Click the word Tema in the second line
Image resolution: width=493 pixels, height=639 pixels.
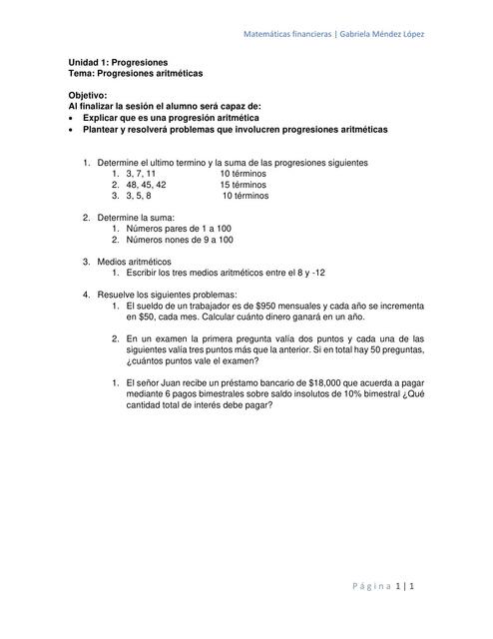click(81, 73)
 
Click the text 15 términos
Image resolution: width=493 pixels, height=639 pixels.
click(243, 185)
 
